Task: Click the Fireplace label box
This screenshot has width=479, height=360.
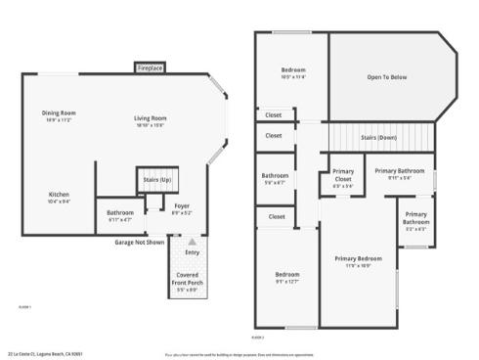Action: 150,67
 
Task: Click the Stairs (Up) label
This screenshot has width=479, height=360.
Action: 157,180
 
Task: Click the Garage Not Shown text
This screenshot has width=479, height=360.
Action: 138,241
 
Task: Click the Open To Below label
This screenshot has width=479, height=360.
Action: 386,75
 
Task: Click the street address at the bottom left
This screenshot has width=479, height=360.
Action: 45,353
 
